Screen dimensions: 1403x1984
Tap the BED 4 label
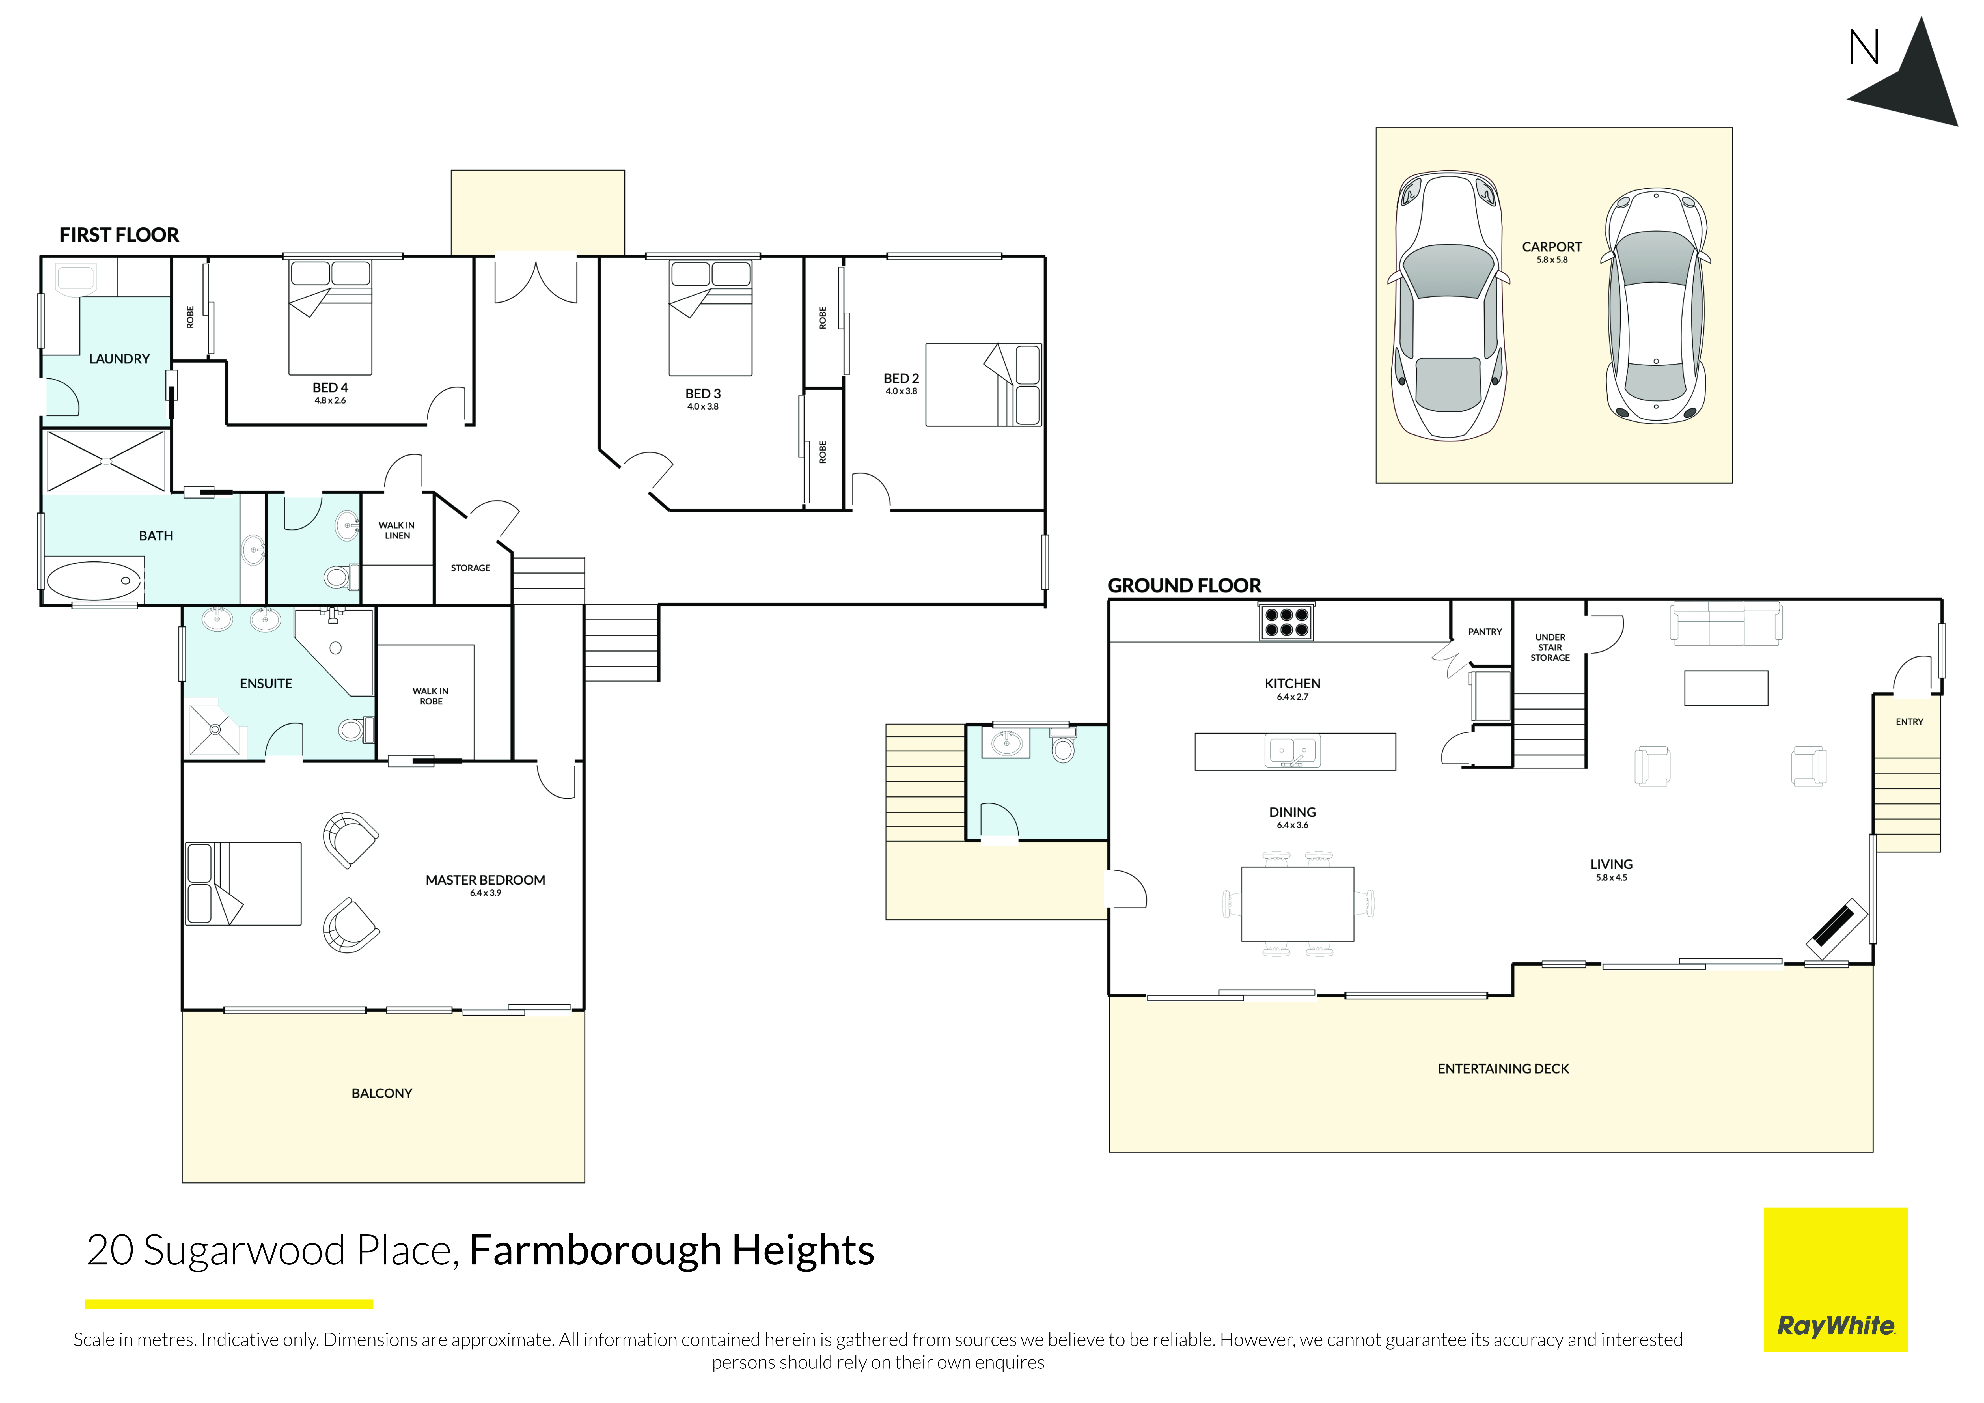pyautogui.click(x=330, y=388)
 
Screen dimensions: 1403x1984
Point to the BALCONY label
pyautogui.click(x=382, y=1094)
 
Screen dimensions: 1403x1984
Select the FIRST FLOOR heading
pyautogui.click(x=119, y=235)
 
